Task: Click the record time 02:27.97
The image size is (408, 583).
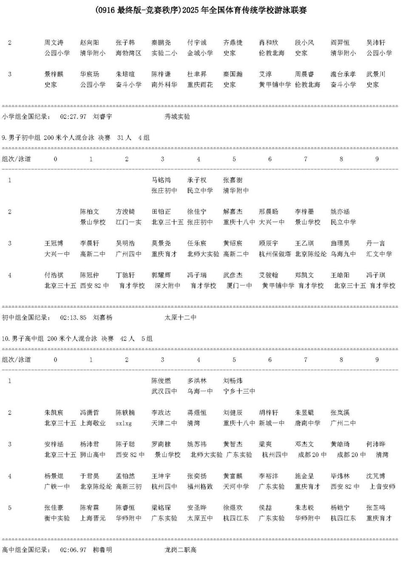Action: click(73, 117)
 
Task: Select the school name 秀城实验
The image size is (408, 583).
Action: click(177, 117)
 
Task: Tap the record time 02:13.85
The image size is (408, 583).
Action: click(73, 318)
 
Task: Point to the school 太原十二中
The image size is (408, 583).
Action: click(180, 318)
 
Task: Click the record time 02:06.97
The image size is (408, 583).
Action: click(73, 550)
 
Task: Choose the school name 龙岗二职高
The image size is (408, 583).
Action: click(180, 550)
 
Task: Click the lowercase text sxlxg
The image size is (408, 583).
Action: click(124, 423)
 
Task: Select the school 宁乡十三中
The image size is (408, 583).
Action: click(239, 391)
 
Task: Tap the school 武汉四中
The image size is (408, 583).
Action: click(164, 391)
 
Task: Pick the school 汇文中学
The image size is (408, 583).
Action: click(379, 254)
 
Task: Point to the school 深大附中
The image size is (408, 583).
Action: click(167, 286)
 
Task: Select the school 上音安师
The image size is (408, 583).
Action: click(382, 487)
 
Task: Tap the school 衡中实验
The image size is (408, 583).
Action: click(57, 518)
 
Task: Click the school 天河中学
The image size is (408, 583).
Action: click(236, 487)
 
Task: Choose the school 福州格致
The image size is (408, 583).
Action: click(200, 487)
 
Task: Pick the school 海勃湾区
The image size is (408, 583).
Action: click(128, 53)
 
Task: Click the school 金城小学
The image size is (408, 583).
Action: click(200, 53)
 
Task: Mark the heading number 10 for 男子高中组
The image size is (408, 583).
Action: click(5, 339)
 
